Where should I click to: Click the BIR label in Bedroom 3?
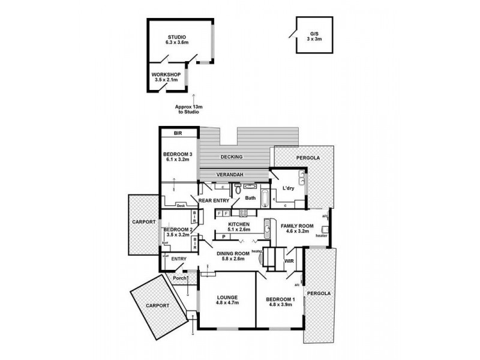point(178,133)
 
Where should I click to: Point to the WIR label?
point(288,262)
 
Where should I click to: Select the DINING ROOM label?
point(233,255)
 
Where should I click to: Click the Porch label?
point(179,278)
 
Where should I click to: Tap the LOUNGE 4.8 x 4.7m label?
point(228,300)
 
